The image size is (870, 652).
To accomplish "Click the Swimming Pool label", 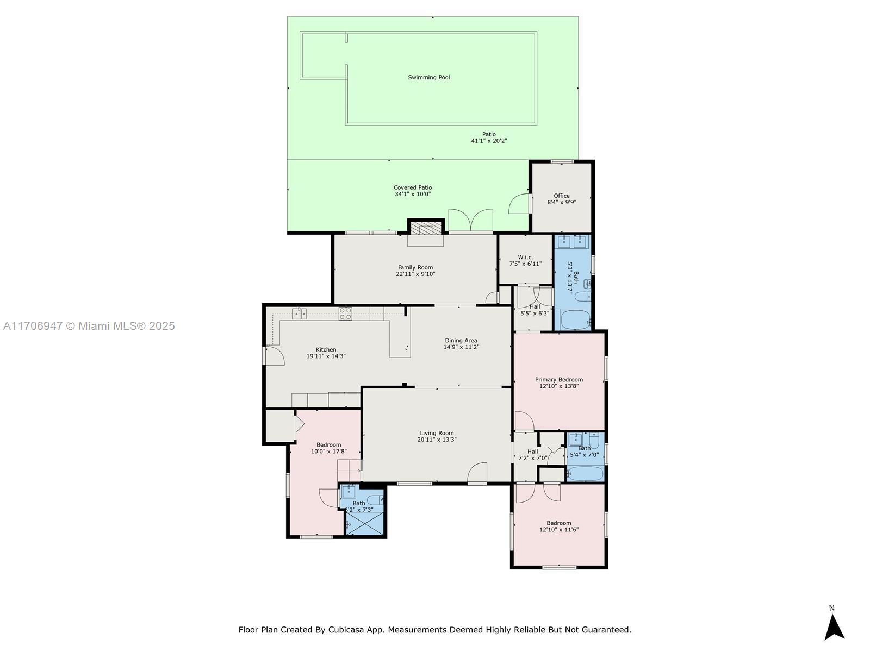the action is (429, 78).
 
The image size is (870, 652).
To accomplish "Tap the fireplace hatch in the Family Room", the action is (426, 228).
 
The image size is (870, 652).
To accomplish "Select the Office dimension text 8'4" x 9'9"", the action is (562, 202).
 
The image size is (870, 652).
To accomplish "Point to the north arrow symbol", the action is (834, 626).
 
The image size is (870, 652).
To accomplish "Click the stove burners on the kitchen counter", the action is (345, 314).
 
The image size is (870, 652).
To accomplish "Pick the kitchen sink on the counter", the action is (299, 314).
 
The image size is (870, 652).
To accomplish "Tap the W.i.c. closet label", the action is (526, 258).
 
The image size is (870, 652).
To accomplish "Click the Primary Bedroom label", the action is (559, 380).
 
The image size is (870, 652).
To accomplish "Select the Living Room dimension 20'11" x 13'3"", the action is (437, 440).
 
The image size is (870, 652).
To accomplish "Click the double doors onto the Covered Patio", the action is (470, 220).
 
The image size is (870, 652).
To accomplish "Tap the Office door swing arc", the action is (518, 204).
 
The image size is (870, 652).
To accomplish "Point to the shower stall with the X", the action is (365, 523).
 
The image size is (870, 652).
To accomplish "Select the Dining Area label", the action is (461, 341).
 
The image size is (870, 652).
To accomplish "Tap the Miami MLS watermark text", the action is (89, 326).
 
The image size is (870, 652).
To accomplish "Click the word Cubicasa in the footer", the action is (346, 629).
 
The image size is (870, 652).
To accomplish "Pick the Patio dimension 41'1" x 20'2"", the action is (489, 141).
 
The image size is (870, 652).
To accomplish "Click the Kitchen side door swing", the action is (275, 355).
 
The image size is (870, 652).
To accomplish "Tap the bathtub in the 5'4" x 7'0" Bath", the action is (586, 473).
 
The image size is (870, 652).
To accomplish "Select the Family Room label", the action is (415, 268).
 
